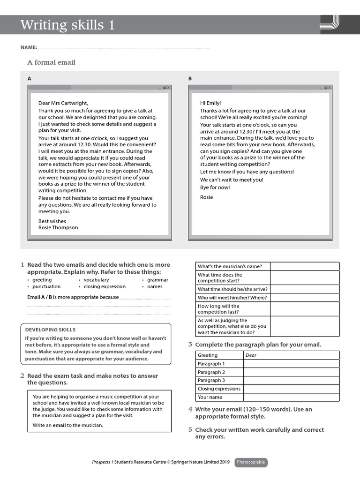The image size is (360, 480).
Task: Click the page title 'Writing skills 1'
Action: click(x=67, y=25)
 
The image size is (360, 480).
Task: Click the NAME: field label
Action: click(x=29, y=48)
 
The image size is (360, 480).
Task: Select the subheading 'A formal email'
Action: click(x=51, y=62)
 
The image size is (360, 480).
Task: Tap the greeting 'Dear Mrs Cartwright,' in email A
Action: click(x=63, y=103)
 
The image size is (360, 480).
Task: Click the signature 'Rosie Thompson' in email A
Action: click(x=58, y=227)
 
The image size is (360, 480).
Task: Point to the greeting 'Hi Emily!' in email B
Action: click(x=210, y=103)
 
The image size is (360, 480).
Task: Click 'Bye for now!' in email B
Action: click(x=215, y=187)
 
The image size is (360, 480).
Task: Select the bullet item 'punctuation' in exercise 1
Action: click(x=46, y=286)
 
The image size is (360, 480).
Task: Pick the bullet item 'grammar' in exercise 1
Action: click(x=157, y=280)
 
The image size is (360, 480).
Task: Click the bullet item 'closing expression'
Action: click(x=105, y=286)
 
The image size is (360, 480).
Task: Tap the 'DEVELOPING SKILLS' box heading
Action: click(x=50, y=330)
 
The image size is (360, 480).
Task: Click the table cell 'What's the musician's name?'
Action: click(x=230, y=266)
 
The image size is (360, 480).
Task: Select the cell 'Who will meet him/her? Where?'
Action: click(x=232, y=298)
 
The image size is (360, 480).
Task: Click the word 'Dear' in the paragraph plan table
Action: click(x=251, y=355)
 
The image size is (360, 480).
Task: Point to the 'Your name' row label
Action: click(x=210, y=397)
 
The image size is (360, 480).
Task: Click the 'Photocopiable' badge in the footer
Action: click(x=251, y=462)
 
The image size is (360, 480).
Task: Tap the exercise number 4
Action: click(x=190, y=409)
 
